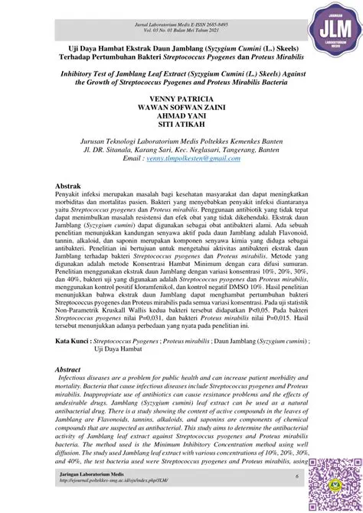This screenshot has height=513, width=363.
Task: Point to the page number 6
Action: [x=296, y=477]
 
